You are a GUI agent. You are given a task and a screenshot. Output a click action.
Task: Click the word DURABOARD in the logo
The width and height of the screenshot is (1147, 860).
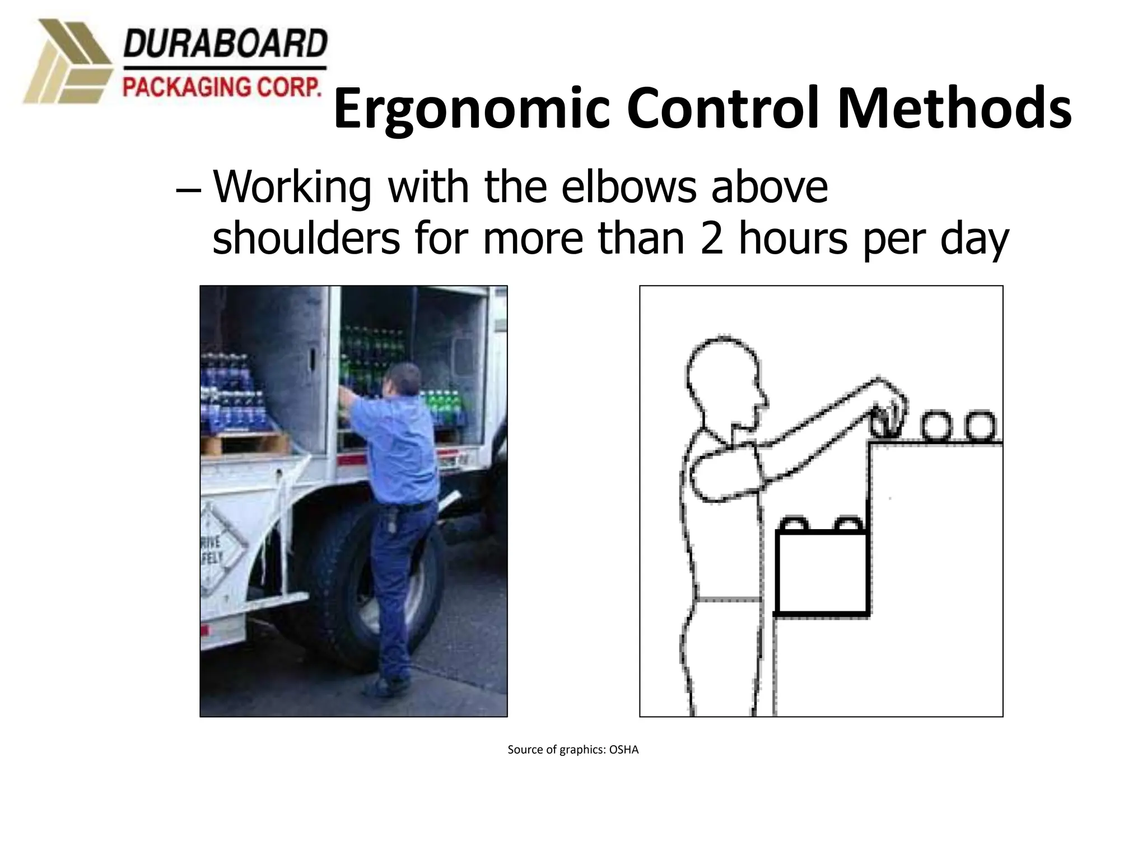tap(225, 44)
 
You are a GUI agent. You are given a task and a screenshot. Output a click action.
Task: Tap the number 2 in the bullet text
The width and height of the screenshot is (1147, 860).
tap(711, 239)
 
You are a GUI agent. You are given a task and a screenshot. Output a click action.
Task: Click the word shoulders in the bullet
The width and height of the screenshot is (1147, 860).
tap(306, 239)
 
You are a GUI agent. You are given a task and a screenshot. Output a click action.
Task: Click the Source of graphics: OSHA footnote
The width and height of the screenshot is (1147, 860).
tap(573, 750)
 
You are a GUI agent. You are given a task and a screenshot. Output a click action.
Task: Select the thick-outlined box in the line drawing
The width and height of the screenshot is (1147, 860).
tap(822, 571)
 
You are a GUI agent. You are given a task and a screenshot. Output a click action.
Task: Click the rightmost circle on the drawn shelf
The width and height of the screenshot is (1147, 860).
tap(980, 427)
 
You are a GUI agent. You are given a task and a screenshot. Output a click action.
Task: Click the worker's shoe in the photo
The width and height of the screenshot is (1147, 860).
tap(392, 685)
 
